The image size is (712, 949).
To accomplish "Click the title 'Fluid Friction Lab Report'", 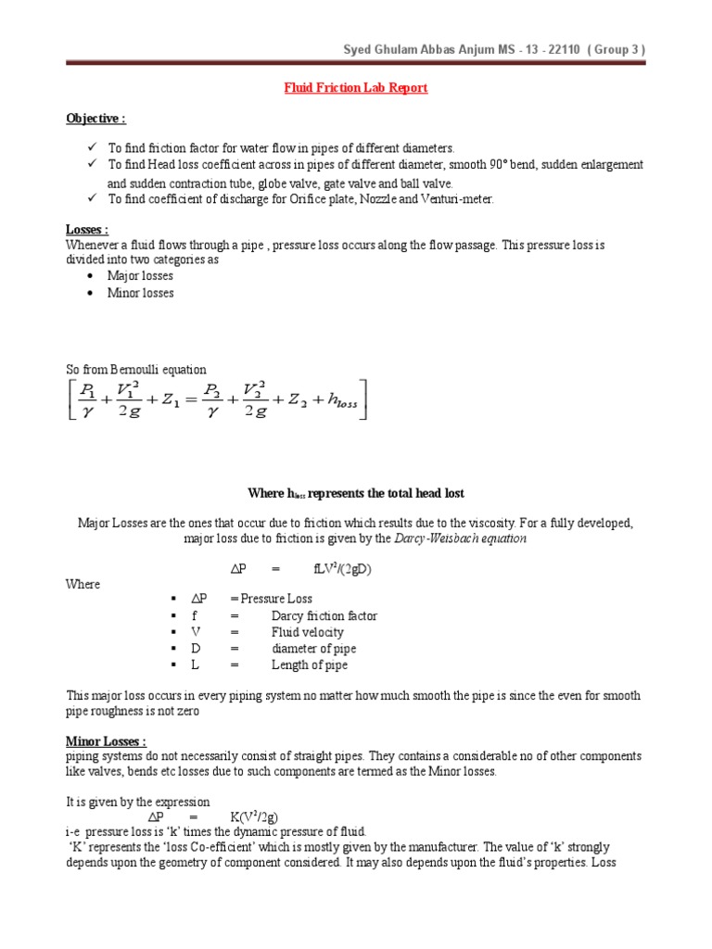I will click(x=355, y=88).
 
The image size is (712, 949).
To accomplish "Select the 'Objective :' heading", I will click(x=95, y=120).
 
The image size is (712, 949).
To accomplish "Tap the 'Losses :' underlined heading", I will click(x=87, y=229).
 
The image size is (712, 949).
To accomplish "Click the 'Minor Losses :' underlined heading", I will click(x=106, y=741).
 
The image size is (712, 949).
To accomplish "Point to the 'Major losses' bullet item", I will click(x=140, y=276).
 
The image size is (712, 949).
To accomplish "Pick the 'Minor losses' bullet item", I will click(x=140, y=293).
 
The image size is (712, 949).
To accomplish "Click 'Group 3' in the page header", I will click(x=608, y=49).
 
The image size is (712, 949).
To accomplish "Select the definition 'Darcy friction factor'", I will click(x=324, y=615).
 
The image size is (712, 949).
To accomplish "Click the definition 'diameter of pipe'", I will click(x=313, y=649).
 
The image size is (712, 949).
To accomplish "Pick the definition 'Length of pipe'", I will click(x=310, y=665).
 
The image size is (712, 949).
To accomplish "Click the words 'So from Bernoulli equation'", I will click(x=136, y=370).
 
